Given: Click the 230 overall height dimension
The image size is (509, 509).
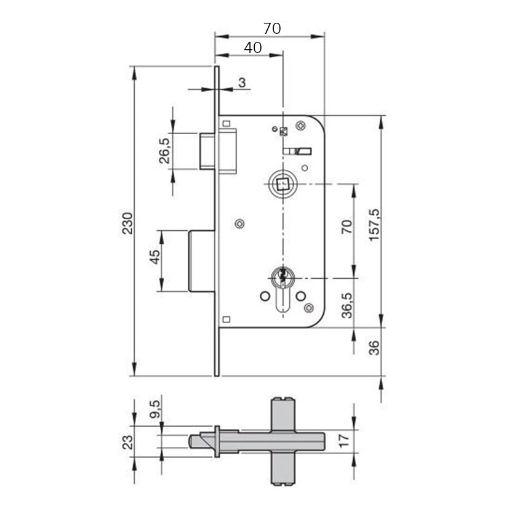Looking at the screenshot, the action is tap(127, 223).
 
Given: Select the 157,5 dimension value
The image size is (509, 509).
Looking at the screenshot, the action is tap(374, 225).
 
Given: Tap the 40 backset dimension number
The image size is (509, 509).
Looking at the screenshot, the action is tap(253, 48).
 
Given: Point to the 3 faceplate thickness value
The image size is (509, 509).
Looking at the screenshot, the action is tap(242, 82).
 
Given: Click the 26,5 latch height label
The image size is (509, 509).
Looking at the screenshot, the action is tap(164, 151).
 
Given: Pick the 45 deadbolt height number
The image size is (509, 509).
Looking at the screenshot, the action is tap(155, 257).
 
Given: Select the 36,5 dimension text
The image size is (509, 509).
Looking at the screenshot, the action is tap(347, 305).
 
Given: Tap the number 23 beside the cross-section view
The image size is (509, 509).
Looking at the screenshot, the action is tap(127, 442).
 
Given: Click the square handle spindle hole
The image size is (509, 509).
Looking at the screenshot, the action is tap(282, 184).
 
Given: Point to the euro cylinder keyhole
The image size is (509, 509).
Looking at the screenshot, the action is tap(283, 289).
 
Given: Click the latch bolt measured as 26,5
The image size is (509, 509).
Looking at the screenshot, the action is tap(217, 151).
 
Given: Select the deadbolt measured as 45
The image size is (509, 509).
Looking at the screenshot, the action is tap(202, 261).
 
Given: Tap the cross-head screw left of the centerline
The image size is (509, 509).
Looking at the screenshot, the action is tap(240, 223).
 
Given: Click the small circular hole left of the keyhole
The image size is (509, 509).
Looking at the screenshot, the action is tap(265, 296).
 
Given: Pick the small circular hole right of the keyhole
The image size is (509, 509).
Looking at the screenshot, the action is tap(301, 295).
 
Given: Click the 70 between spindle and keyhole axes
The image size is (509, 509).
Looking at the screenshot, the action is tap(347, 226).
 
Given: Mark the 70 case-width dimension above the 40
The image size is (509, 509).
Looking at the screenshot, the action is tap(272, 28).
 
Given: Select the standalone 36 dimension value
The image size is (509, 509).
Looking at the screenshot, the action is tap(374, 348).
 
